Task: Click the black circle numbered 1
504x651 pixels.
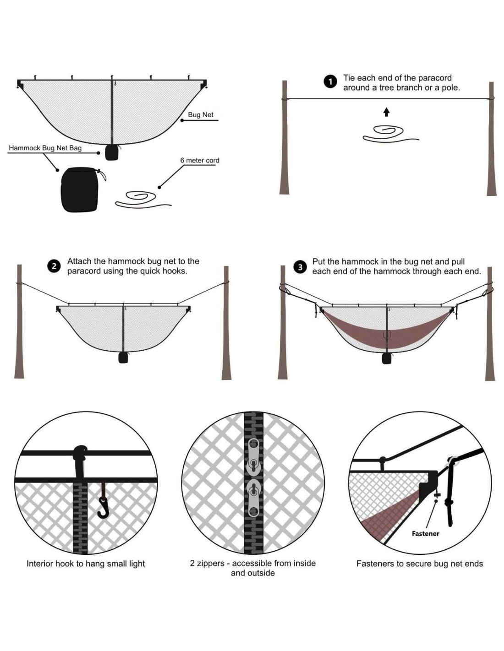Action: click(330, 82)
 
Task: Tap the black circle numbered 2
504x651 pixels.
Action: click(54, 266)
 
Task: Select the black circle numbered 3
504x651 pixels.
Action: click(300, 267)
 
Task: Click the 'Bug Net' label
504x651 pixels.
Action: click(200, 115)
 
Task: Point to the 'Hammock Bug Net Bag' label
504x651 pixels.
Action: click(45, 148)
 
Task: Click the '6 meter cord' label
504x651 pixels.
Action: click(199, 160)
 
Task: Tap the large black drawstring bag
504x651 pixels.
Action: click(80, 190)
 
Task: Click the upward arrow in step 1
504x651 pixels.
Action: click(386, 112)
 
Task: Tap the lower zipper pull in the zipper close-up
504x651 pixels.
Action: click(253, 497)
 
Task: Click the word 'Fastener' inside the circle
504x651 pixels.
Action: click(425, 533)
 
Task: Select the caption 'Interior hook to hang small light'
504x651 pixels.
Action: click(86, 564)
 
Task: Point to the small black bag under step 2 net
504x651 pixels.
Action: click(123, 357)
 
